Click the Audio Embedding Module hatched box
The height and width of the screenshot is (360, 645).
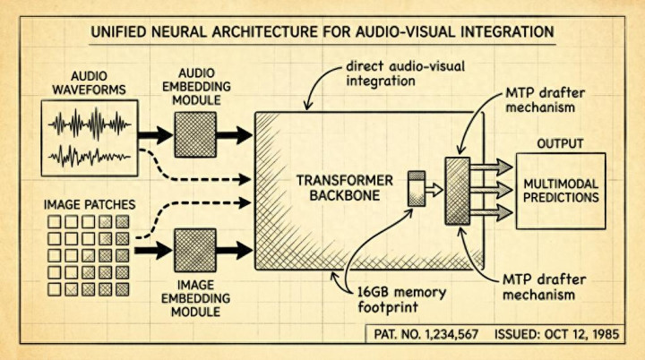coord(195,134)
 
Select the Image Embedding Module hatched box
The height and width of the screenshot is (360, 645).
coord(195,250)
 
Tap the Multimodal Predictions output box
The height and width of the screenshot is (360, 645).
coord(561,191)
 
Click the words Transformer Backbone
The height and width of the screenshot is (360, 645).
coord(345,187)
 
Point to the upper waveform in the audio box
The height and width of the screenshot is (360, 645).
coord(90,124)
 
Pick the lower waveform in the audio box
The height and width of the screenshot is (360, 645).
coord(90,157)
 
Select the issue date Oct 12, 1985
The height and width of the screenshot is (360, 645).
coord(581,334)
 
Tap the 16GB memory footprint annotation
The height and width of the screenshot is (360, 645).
coord(401,299)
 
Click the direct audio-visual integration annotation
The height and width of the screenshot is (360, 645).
coord(405,73)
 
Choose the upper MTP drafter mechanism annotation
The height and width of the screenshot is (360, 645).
coord(545,100)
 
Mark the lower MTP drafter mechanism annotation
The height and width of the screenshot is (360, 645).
coord(544,287)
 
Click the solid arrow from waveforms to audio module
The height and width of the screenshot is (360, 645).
coord(155,135)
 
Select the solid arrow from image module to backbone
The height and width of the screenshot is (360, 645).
coord(234,250)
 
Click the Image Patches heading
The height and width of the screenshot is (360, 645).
coord(90,204)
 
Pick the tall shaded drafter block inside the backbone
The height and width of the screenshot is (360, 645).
coord(458,191)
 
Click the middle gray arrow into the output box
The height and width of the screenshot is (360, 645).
coord(491,190)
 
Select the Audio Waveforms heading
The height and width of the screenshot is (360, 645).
coord(90,82)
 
